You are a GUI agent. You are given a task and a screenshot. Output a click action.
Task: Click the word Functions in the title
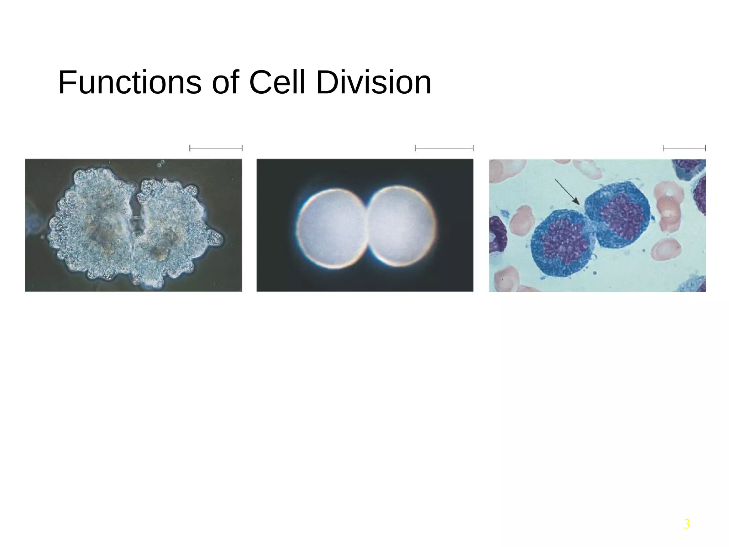coord(130,83)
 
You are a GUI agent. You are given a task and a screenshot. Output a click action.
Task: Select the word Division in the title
coord(373,83)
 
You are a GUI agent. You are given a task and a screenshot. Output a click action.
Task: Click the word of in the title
coord(225,83)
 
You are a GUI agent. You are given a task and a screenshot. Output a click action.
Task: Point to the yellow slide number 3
coord(687,524)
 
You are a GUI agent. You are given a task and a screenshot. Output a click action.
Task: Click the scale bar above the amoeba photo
coord(216,148)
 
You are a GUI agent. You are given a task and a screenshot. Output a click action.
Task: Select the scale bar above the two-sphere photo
coord(444,148)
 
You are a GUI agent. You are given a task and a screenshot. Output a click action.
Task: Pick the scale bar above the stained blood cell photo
coord(684,148)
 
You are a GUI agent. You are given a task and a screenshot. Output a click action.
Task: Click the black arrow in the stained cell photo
coord(567,192)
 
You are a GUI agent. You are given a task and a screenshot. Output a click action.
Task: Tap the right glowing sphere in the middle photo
coord(400,226)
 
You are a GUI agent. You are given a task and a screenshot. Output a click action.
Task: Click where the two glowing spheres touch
coord(366,228)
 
